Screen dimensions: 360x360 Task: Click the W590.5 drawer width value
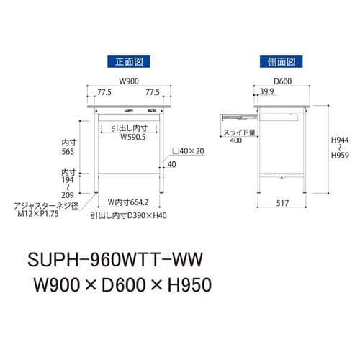pos(134,135)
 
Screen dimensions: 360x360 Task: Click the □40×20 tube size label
pos(189,152)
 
